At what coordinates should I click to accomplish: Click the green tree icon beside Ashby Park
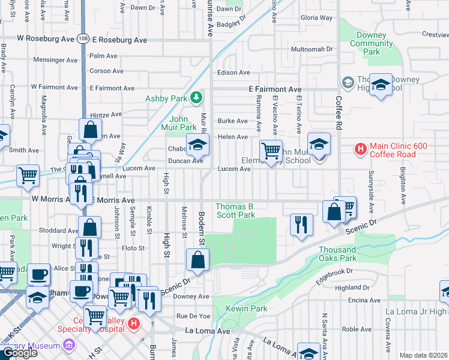pyautogui.click(x=196, y=97)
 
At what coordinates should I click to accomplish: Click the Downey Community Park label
pyautogui.click(x=372, y=44)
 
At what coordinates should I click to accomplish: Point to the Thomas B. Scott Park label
pyautogui.click(x=236, y=210)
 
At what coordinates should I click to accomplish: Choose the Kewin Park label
pyautogui.click(x=246, y=308)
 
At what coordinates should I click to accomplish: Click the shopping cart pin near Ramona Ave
pyautogui.click(x=271, y=150)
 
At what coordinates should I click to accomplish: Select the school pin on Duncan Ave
pyautogui.click(x=197, y=145)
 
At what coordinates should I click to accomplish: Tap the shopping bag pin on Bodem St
pyautogui.click(x=197, y=260)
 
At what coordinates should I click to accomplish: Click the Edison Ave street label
pyautogui.click(x=234, y=73)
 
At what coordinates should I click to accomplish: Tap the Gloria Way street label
pyautogui.click(x=316, y=18)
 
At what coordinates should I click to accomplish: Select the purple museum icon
pyautogui.click(x=68, y=346)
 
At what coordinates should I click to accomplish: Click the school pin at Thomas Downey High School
pyautogui.click(x=380, y=85)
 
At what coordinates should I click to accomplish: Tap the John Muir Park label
pyautogui.click(x=183, y=123)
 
